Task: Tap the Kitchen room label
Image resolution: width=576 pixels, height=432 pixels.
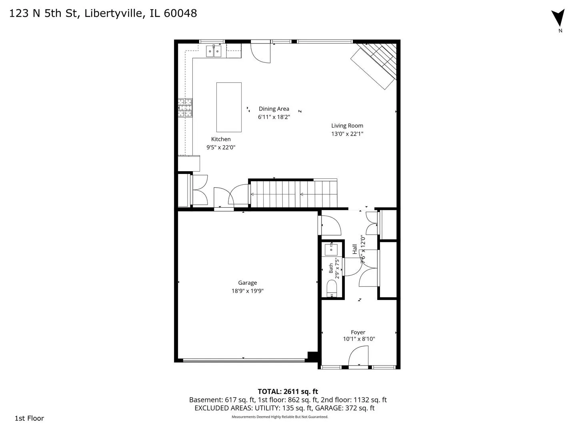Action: [221, 139]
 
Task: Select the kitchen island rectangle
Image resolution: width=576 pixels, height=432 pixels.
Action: [229, 107]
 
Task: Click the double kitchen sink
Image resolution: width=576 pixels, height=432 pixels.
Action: [214, 51]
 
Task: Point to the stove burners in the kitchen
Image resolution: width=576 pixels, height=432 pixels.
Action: [185, 108]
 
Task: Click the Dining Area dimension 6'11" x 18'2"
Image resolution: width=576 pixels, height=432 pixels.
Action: [274, 117]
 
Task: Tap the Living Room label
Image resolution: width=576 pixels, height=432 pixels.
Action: [347, 126]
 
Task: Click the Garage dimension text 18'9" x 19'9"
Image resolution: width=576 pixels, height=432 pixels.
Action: [248, 291]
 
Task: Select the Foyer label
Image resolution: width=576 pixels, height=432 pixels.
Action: [358, 332]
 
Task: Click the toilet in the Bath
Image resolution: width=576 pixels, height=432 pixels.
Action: [332, 288]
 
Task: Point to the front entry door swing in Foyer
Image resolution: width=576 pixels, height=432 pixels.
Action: [358, 356]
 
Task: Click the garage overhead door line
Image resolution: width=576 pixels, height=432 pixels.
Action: [244, 361]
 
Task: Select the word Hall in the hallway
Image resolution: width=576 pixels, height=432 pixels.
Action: [355, 249]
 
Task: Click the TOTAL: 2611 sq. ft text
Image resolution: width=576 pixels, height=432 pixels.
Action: [288, 392]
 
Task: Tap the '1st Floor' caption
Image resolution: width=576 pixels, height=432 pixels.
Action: [29, 418]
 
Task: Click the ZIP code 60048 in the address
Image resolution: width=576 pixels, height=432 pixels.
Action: [180, 13]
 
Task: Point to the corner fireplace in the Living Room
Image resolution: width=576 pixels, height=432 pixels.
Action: [374, 68]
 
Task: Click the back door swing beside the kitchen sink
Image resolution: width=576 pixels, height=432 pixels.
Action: [260, 53]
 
